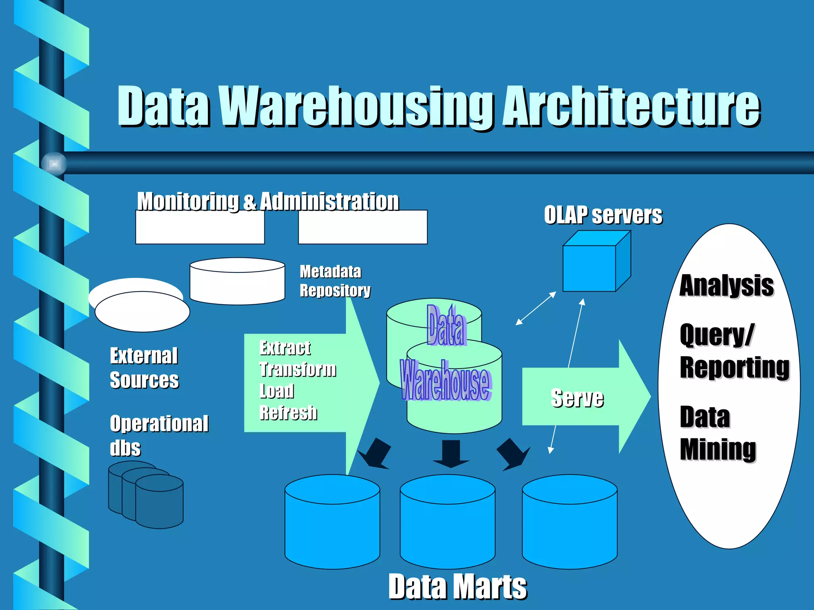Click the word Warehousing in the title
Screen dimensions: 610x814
(x=360, y=106)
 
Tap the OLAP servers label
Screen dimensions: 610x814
(x=603, y=215)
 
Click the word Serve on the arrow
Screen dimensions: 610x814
(x=577, y=398)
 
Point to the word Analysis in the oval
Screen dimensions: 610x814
(x=726, y=286)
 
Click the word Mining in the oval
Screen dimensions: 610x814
(x=718, y=449)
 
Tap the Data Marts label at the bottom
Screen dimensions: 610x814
(x=457, y=587)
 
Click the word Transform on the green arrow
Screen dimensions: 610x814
(x=298, y=369)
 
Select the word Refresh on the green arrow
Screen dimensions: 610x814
(x=288, y=413)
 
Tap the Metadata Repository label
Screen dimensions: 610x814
(x=334, y=281)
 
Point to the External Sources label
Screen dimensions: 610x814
(x=144, y=368)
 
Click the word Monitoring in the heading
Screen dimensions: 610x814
(x=188, y=201)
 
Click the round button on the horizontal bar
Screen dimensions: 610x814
(x=54, y=163)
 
